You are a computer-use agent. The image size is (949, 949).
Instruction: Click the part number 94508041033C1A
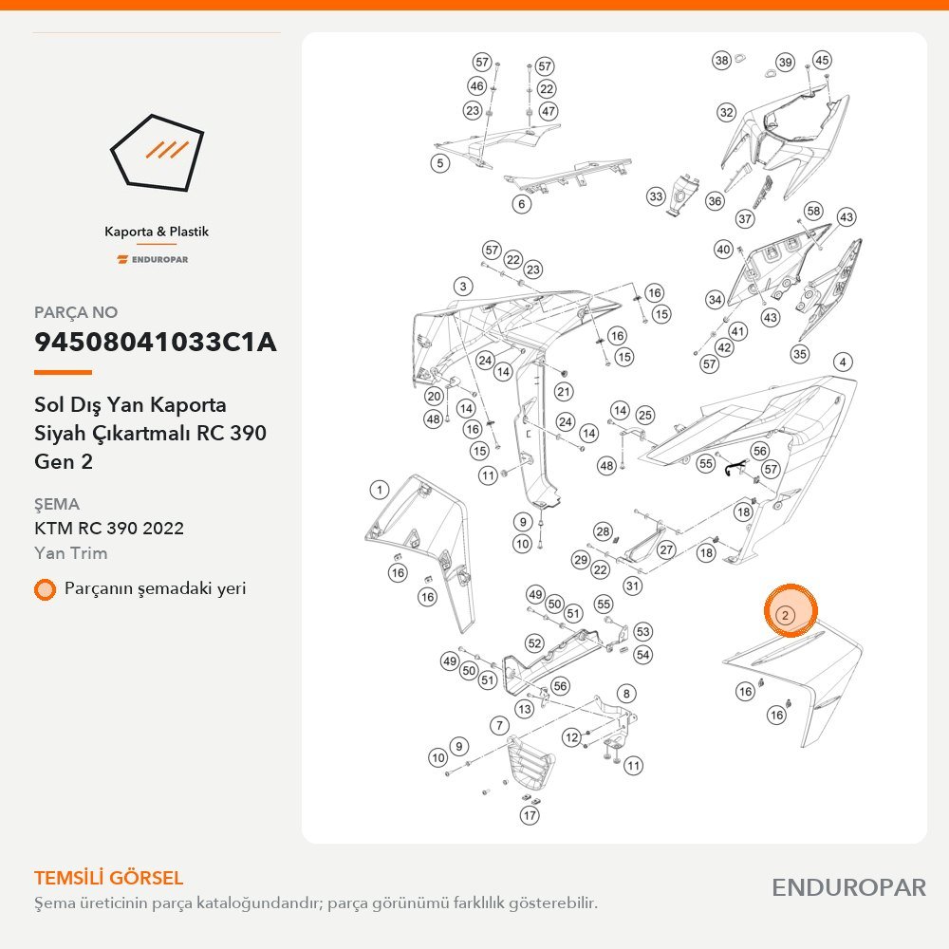point(156,342)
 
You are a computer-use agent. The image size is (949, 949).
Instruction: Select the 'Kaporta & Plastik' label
point(157,232)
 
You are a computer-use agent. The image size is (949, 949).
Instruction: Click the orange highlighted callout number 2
point(785,616)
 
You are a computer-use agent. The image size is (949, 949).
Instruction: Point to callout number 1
point(380,490)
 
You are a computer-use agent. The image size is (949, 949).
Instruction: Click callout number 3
point(463,287)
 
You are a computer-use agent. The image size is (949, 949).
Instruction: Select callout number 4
point(843,363)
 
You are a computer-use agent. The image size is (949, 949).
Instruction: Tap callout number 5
point(440,163)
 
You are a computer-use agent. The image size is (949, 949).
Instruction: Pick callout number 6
point(522,204)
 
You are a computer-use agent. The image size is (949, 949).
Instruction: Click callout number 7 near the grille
point(499,725)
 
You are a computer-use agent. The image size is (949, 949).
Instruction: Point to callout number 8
point(626,694)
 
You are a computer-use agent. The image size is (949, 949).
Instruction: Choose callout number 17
point(530,815)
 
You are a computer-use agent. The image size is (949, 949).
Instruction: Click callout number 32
point(726,112)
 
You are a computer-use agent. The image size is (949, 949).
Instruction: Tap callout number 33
point(656,196)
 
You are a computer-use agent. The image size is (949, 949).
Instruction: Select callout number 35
point(799,353)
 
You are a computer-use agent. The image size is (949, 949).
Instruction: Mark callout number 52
point(534,642)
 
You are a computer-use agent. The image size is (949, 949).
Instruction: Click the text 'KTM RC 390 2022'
point(109,529)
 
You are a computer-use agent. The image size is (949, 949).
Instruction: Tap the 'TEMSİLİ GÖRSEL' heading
point(108,878)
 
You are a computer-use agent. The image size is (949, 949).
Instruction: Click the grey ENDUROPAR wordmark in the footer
point(848,887)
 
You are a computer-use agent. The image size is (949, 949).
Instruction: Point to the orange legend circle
point(45,589)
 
